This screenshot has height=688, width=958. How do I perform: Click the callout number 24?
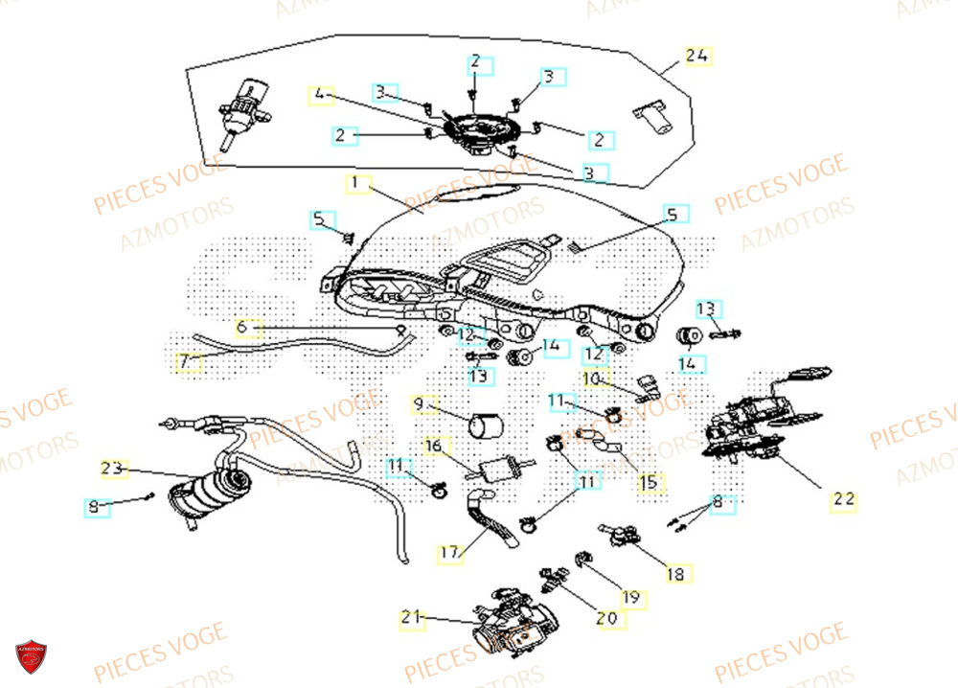click(x=697, y=57)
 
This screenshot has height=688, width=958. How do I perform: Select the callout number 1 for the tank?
click(x=355, y=182)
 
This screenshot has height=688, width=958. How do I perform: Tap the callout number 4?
click(x=321, y=95)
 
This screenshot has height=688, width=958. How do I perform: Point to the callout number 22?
click(x=843, y=499)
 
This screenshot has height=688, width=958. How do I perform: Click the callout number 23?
click(x=113, y=469)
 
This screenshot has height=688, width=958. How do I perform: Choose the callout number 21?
click(x=411, y=619)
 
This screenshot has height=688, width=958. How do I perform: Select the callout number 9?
click(x=418, y=404)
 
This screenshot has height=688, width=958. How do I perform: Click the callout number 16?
click(x=433, y=446)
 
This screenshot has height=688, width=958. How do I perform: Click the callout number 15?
click(x=650, y=482)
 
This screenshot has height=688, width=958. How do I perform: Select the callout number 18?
click(x=675, y=574)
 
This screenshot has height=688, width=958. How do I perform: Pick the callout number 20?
click(x=606, y=619)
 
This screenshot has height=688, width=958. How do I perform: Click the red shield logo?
click(x=31, y=656)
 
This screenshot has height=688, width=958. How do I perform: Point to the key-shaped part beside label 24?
click(x=650, y=115)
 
